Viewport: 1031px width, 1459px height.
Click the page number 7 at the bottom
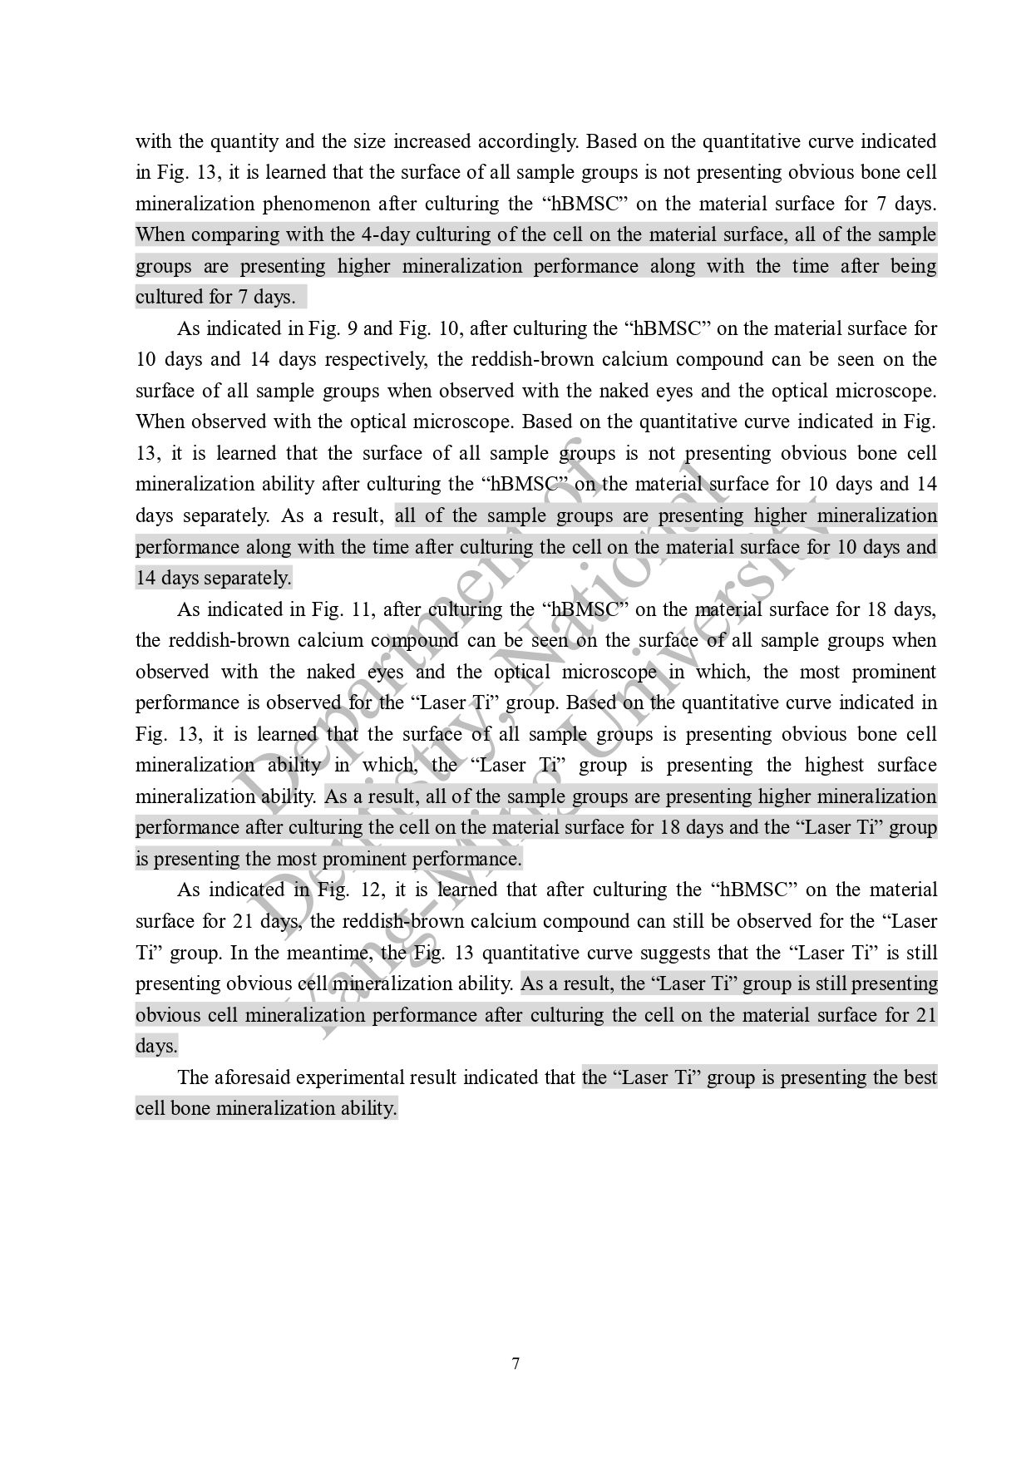pyautogui.click(x=515, y=1363)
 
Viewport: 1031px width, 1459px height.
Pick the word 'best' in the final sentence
pyautogui.click(x=920, y=1077)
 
